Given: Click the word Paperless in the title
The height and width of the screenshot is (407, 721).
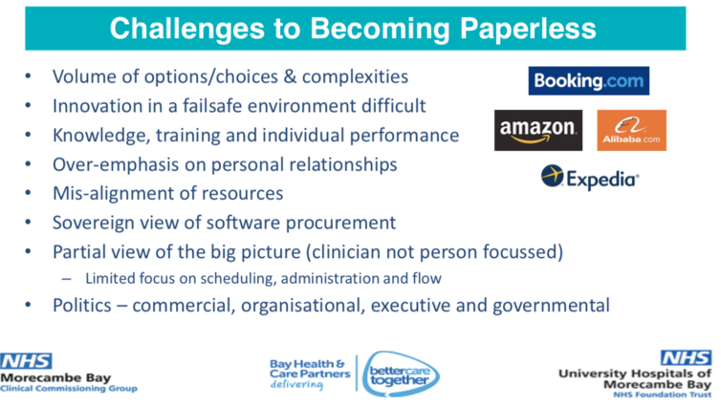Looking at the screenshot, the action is [528, 29].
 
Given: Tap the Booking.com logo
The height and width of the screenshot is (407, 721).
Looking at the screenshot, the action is [589, 81].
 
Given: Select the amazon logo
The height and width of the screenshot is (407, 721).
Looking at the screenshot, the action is [538, 130].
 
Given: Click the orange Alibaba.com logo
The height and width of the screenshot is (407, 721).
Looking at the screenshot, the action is [631, 130].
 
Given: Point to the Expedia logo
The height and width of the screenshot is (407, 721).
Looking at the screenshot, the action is [590, 178].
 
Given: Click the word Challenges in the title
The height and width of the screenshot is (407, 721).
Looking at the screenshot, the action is [187, 29].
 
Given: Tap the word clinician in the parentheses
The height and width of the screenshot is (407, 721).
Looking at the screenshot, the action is [344, 251].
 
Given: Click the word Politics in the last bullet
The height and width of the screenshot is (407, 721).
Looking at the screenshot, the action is [82, 306].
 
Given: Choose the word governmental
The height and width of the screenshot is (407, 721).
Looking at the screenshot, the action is [551, 306].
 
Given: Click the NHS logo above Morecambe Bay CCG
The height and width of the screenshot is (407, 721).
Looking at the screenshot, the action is [26, 361].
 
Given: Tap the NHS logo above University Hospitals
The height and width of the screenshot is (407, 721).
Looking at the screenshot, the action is [686, 358].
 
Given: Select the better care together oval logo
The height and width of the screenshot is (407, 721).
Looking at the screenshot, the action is [400, 374].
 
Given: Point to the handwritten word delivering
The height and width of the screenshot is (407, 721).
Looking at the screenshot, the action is [296, 384].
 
